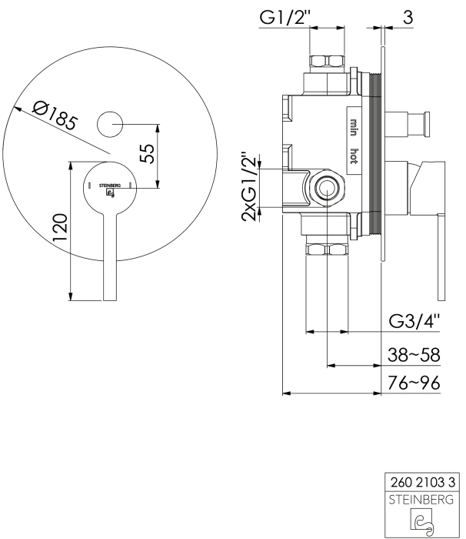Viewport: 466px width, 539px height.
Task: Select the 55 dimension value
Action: pos(148,153)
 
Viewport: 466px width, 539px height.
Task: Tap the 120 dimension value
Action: pos(59,227)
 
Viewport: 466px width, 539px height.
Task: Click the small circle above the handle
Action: pos(110,125)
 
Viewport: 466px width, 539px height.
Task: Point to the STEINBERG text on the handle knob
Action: pos(110,186)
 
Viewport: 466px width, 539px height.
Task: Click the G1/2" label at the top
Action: pos(283,18)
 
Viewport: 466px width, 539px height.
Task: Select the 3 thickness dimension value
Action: pos(408,18)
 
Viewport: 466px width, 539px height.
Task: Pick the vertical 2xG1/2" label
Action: pos(249,187)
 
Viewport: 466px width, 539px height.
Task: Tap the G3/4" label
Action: pos(414,321)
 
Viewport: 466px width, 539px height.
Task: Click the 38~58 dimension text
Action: pos(414,355)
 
